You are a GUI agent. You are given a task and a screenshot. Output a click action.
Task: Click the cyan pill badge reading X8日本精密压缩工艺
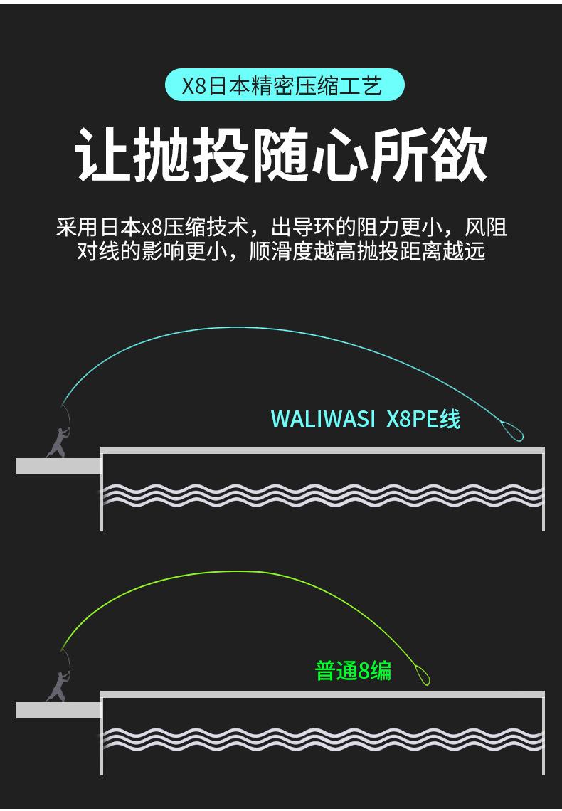285,85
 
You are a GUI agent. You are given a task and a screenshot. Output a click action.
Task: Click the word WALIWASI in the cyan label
323,418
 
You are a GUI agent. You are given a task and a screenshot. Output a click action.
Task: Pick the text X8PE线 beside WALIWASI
423,418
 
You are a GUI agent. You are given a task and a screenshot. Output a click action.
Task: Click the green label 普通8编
353,670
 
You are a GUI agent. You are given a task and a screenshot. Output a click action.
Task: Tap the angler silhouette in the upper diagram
57,442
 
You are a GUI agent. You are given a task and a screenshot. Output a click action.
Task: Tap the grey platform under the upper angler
58,466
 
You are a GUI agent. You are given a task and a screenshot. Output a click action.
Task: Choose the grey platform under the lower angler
58,709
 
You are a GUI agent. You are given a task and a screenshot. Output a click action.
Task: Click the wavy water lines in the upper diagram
322,494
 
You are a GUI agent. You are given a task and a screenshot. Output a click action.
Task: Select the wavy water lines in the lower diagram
322,738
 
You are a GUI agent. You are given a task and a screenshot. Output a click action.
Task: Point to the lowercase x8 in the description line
152,228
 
